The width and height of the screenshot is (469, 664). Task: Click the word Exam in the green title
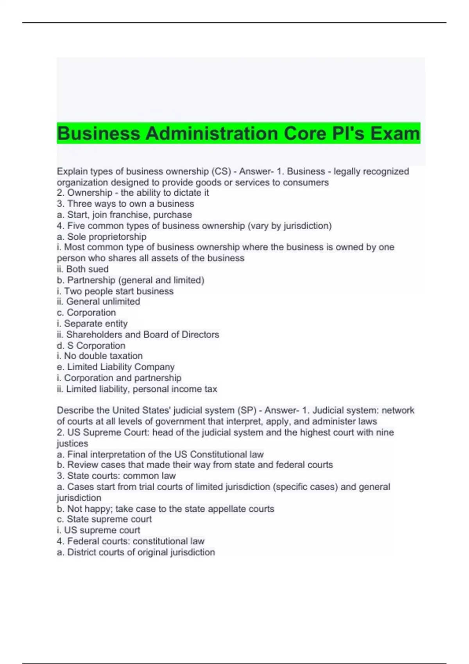point(395,134)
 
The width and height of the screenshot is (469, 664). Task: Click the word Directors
point(200,334)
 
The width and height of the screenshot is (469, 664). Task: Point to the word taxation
point(125,356)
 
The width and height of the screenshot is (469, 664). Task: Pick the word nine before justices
point(385,432)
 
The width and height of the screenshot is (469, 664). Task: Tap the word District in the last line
point(81,552)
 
